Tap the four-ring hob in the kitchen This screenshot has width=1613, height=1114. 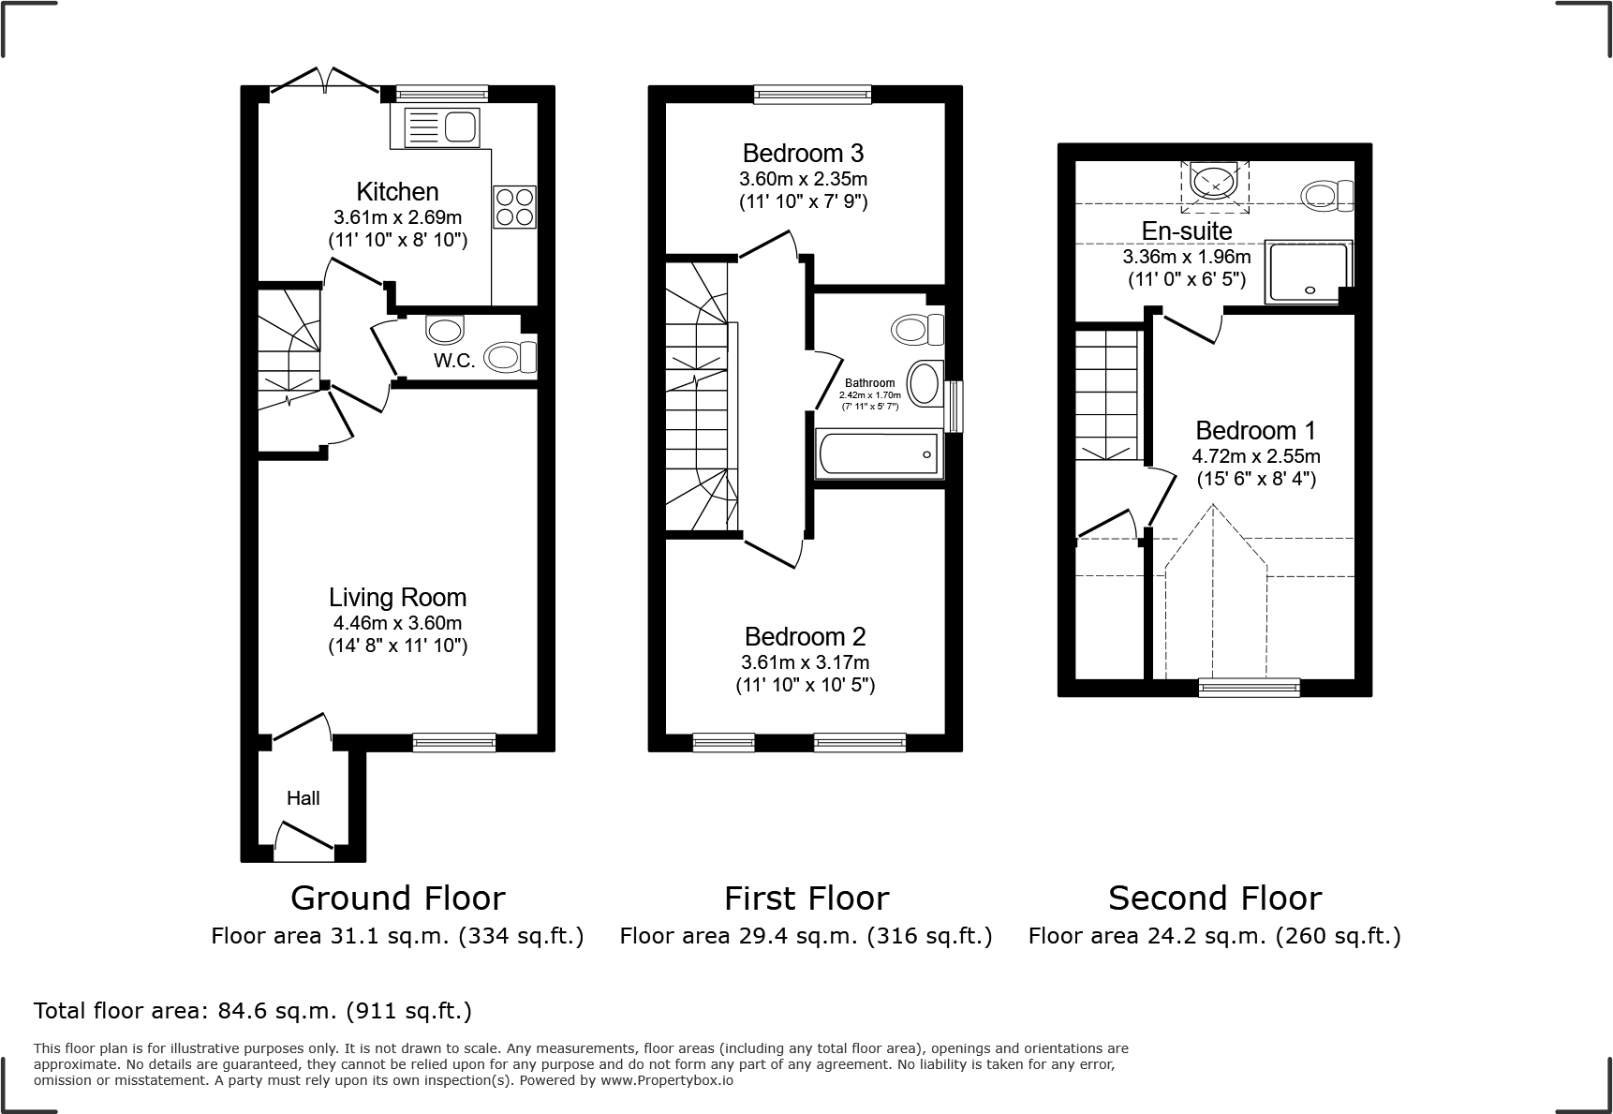click(514, 207)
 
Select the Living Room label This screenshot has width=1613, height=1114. click(397, 598)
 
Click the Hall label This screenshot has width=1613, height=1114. click(303, 798)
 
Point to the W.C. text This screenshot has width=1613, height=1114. click(453, 361)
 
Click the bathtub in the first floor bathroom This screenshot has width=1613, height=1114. click(879, 454)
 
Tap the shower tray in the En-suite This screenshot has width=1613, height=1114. click(1308, 272)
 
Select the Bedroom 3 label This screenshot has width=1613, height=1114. click(803, 154)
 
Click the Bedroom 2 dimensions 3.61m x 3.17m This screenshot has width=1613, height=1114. click(805, 662)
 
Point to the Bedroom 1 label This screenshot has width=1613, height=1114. click(1255, 431)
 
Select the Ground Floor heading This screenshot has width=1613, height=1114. click(397, 899)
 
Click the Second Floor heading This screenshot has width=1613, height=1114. click(1214, 899)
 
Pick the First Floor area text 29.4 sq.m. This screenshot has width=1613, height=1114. click(806, 936)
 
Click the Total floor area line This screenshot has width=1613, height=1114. click(253, 1011)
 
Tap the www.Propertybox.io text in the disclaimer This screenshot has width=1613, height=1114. click(666, 1080)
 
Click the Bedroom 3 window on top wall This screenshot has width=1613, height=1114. click(812, 93)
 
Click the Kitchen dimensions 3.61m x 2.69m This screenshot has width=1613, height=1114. click(397, 216)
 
